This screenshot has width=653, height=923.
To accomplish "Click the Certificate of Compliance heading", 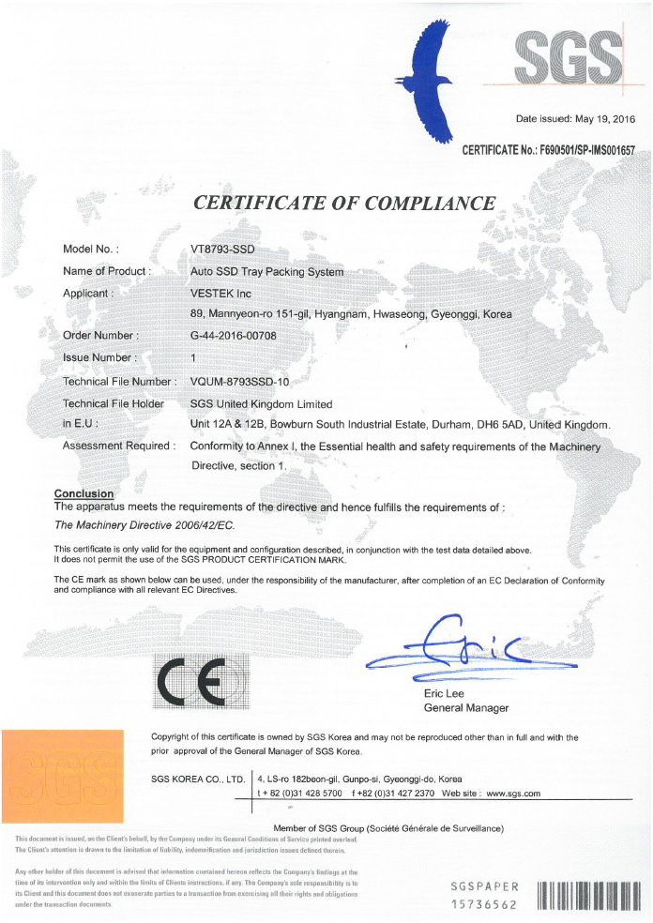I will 343,202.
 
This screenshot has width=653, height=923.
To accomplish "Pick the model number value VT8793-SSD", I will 222,250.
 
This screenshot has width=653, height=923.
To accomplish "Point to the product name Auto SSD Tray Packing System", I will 267,272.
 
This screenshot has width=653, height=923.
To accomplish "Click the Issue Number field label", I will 99,357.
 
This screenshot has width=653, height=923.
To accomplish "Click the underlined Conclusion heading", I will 84,493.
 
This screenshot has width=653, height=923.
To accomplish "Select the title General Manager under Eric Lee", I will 466,708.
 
